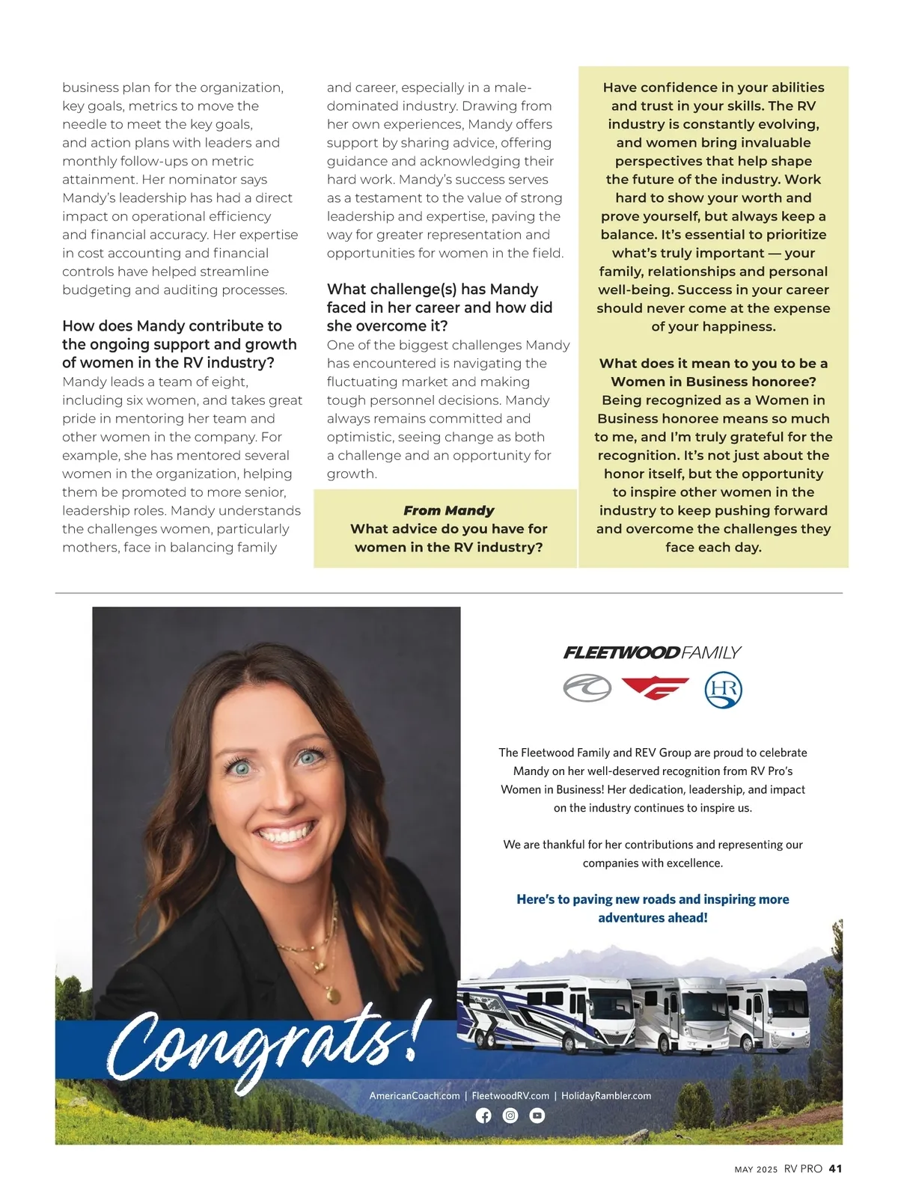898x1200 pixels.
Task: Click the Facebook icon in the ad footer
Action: click(x=484, y=1115)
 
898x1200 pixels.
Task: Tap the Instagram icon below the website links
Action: click(x=510, y=1115)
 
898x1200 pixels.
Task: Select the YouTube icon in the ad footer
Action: click(x=537, y=1115)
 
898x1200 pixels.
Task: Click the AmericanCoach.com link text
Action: click(x=415, y=1095)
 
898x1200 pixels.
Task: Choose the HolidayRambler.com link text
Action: click(x=606, y=1095)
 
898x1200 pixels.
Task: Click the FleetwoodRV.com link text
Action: click(x=510, y=1095)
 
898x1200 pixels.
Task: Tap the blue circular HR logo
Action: click(x=723, y=690)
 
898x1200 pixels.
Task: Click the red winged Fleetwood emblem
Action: click(x=655, y=688)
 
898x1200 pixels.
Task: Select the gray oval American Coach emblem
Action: click(x=587, y=688)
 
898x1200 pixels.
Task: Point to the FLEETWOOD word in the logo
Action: click(x=621, y=653)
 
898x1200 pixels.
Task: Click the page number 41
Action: click(x=836, y=1169)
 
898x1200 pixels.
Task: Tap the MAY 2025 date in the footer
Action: click(x=756, y=1169)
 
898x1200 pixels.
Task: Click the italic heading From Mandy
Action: click(x=448, y=510)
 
